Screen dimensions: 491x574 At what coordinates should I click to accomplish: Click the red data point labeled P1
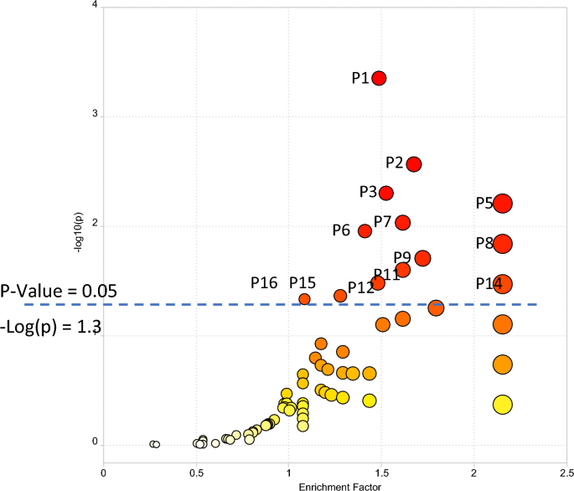click(x=379, y=78)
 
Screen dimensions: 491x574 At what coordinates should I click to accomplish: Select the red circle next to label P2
click(x=413, y=164)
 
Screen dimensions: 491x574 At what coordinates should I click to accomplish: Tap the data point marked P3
click(x=386, y=193)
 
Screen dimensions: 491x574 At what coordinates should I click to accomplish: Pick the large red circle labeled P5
click(x=503, y=204)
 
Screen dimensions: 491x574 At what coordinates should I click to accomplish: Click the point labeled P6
click(x=365, y=230)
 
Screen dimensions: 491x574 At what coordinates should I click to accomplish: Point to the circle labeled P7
click(x=402, y=222)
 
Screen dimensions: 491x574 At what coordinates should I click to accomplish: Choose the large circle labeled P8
click(x=503, y=244)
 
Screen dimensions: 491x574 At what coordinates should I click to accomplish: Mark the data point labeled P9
click(x=422, y=258)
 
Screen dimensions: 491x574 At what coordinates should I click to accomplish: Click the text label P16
click(x=264, y=283)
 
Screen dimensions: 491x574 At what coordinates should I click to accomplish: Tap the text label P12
click(x=360, y=287)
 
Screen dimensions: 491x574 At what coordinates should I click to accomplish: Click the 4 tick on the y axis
click(x=96, y=7)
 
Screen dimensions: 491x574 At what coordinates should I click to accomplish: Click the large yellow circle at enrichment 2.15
click(x=503, y=405)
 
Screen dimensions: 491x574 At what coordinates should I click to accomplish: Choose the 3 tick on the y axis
click(x=96, y=116)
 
